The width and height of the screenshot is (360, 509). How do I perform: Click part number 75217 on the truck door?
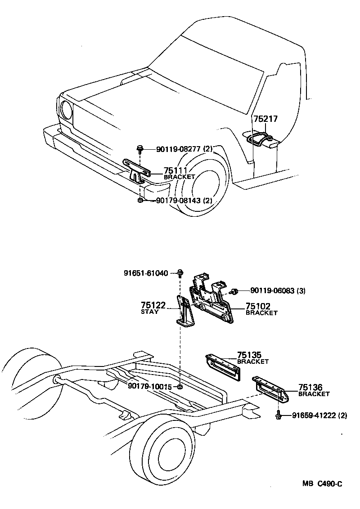(x=265, y=119)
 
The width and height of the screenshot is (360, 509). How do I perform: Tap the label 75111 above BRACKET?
(x=175, y=170)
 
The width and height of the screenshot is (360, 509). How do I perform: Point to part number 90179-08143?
(x=178, y=201)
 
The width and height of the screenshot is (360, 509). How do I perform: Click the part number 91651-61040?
(x=145, y=273)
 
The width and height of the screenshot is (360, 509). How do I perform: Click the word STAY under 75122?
(x=150, y=312)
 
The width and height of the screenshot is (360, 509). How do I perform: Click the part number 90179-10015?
(x=150, y=386)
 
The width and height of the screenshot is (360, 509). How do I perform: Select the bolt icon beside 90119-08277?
(x=140, y=148)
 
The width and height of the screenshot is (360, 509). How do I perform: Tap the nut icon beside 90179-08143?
(x=140, y=201)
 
